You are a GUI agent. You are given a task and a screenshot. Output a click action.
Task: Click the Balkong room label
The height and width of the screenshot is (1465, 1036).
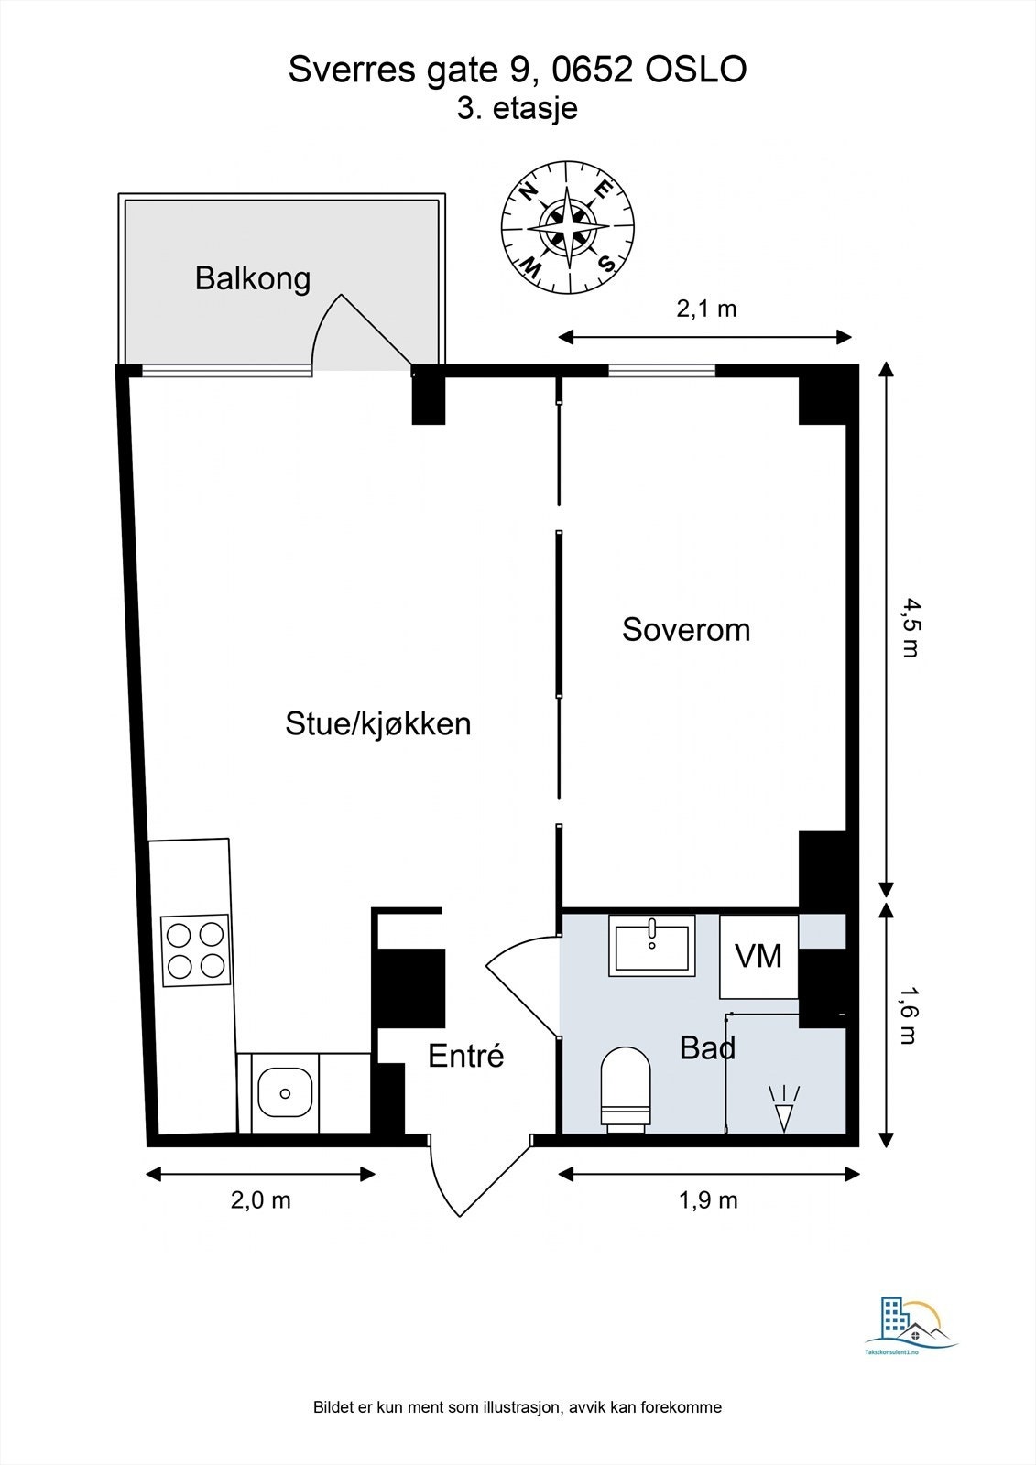253,278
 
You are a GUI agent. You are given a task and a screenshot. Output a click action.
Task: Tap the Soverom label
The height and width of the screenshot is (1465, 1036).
686,629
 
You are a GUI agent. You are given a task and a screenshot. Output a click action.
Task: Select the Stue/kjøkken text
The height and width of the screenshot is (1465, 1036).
378,724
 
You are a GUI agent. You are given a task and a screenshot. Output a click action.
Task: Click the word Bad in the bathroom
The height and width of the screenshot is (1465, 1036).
707,1047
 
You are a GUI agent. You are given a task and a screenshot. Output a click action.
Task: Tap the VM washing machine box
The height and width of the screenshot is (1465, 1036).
758,956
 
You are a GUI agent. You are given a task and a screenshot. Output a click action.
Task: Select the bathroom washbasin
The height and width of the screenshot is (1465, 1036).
652,944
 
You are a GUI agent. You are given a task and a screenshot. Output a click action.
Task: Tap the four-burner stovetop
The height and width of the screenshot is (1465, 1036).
196,950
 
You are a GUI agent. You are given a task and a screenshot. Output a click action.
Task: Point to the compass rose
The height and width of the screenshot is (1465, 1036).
568,228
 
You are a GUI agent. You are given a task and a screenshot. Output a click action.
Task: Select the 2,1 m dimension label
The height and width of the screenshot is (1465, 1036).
706,308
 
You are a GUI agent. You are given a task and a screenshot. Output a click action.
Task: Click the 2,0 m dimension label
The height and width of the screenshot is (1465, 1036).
260,1200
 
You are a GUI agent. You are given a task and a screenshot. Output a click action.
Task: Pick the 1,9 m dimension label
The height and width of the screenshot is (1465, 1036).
707,1200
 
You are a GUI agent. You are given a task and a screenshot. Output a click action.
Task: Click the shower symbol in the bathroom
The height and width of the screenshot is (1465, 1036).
783,1108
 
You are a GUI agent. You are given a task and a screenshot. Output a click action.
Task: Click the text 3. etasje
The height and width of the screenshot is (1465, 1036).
517,108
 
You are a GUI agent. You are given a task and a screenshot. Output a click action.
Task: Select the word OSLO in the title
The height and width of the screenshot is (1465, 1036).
696,70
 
